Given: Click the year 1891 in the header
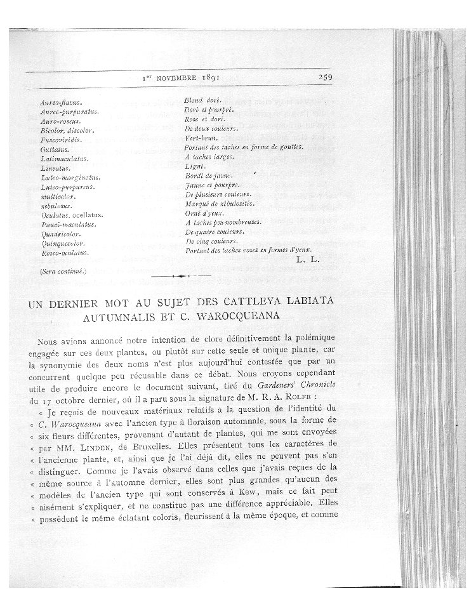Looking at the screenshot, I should coord(203,78).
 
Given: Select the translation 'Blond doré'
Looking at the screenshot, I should coord(201,101).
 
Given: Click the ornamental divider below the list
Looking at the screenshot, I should coord(182,277).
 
